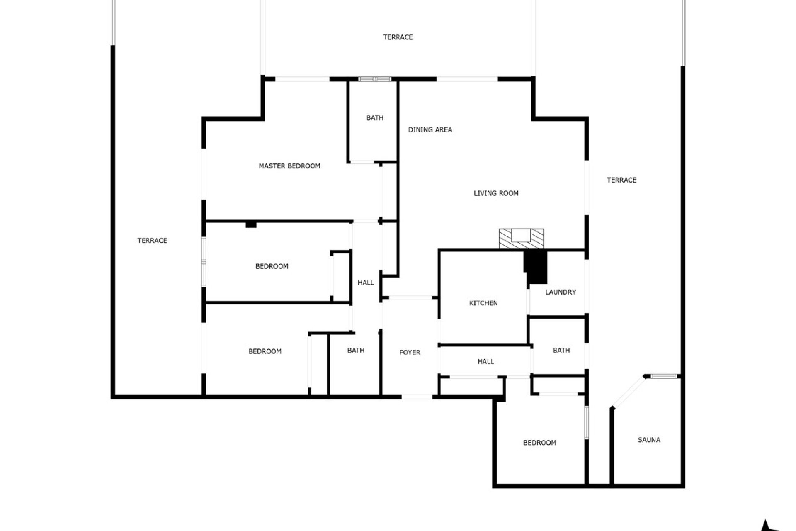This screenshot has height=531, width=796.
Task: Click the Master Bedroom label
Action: (289, 166)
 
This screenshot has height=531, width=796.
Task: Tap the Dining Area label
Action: (430, 130)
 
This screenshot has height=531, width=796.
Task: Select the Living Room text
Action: (496, 193)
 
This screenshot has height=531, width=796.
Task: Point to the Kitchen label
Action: (483, 303)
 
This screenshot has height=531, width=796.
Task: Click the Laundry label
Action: (561, 292)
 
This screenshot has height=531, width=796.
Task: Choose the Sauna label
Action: (649, 440)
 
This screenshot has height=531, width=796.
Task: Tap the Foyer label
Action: (410, 352)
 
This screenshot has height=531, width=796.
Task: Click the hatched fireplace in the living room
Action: (521, 239)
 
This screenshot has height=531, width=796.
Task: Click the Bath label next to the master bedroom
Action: (375, 118)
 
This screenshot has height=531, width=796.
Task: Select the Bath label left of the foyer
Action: (356, 351)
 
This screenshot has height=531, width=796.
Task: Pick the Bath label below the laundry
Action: (561, 351)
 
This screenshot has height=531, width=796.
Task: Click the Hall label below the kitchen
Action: (485, 361)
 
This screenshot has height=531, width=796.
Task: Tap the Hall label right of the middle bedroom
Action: (366, 283)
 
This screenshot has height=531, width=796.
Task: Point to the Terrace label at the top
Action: (398, 37)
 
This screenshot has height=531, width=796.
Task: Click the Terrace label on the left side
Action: (152, 241)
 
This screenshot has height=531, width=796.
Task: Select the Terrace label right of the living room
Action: (621, 180)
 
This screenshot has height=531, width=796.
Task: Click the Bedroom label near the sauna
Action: (539, 443)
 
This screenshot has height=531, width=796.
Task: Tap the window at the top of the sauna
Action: (663, 376)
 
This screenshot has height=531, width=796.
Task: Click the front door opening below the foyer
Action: (417, 397)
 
